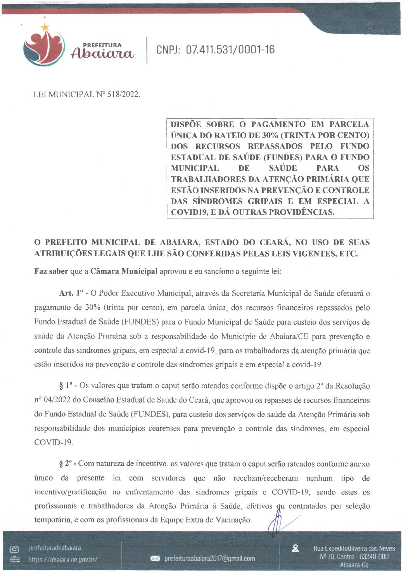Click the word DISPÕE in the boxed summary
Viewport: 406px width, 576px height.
[x=186, y=125]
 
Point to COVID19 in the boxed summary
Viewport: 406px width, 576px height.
[x=188, y=212]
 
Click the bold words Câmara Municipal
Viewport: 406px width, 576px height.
[x=124, y=271]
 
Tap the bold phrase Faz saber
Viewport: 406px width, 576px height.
[x=51, y=271]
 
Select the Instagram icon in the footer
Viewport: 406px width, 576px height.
[x=14, y=549]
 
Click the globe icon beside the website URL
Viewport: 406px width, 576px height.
[x=15, y=559]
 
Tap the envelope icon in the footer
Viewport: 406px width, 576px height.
[x=155, y=559]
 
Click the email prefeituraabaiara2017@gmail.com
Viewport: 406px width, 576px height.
[x=210, y=559]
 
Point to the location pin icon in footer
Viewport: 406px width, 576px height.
[x=295, y=548]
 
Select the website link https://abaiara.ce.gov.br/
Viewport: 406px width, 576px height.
[x=63, y=559]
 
